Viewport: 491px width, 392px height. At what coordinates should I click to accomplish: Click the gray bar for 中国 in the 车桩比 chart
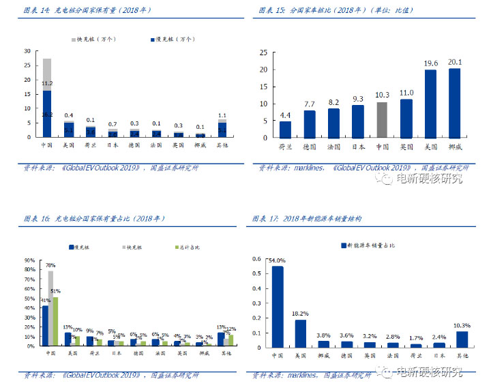click(382, 120)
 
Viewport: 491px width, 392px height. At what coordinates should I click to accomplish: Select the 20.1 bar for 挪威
click(454, 104)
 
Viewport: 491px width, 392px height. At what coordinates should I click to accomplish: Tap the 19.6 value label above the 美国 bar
click(430, 63)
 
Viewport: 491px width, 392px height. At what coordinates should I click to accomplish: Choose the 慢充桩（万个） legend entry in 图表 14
click(173, 40)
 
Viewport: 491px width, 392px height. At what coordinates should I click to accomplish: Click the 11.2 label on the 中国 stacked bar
click(47, 83)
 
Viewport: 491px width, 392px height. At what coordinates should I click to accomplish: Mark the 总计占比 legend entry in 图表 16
click(188, 246)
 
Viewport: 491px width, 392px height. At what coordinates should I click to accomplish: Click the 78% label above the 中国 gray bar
click(50, 265)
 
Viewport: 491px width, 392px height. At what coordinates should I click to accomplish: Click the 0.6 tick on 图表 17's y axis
click(257, 259)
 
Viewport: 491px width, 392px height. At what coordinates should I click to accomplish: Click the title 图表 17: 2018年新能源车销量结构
click(307, 219)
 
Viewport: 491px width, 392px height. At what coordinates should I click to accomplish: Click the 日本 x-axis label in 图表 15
click(358, 146)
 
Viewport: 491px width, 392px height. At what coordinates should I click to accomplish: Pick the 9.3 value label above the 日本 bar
click(358, 99)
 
